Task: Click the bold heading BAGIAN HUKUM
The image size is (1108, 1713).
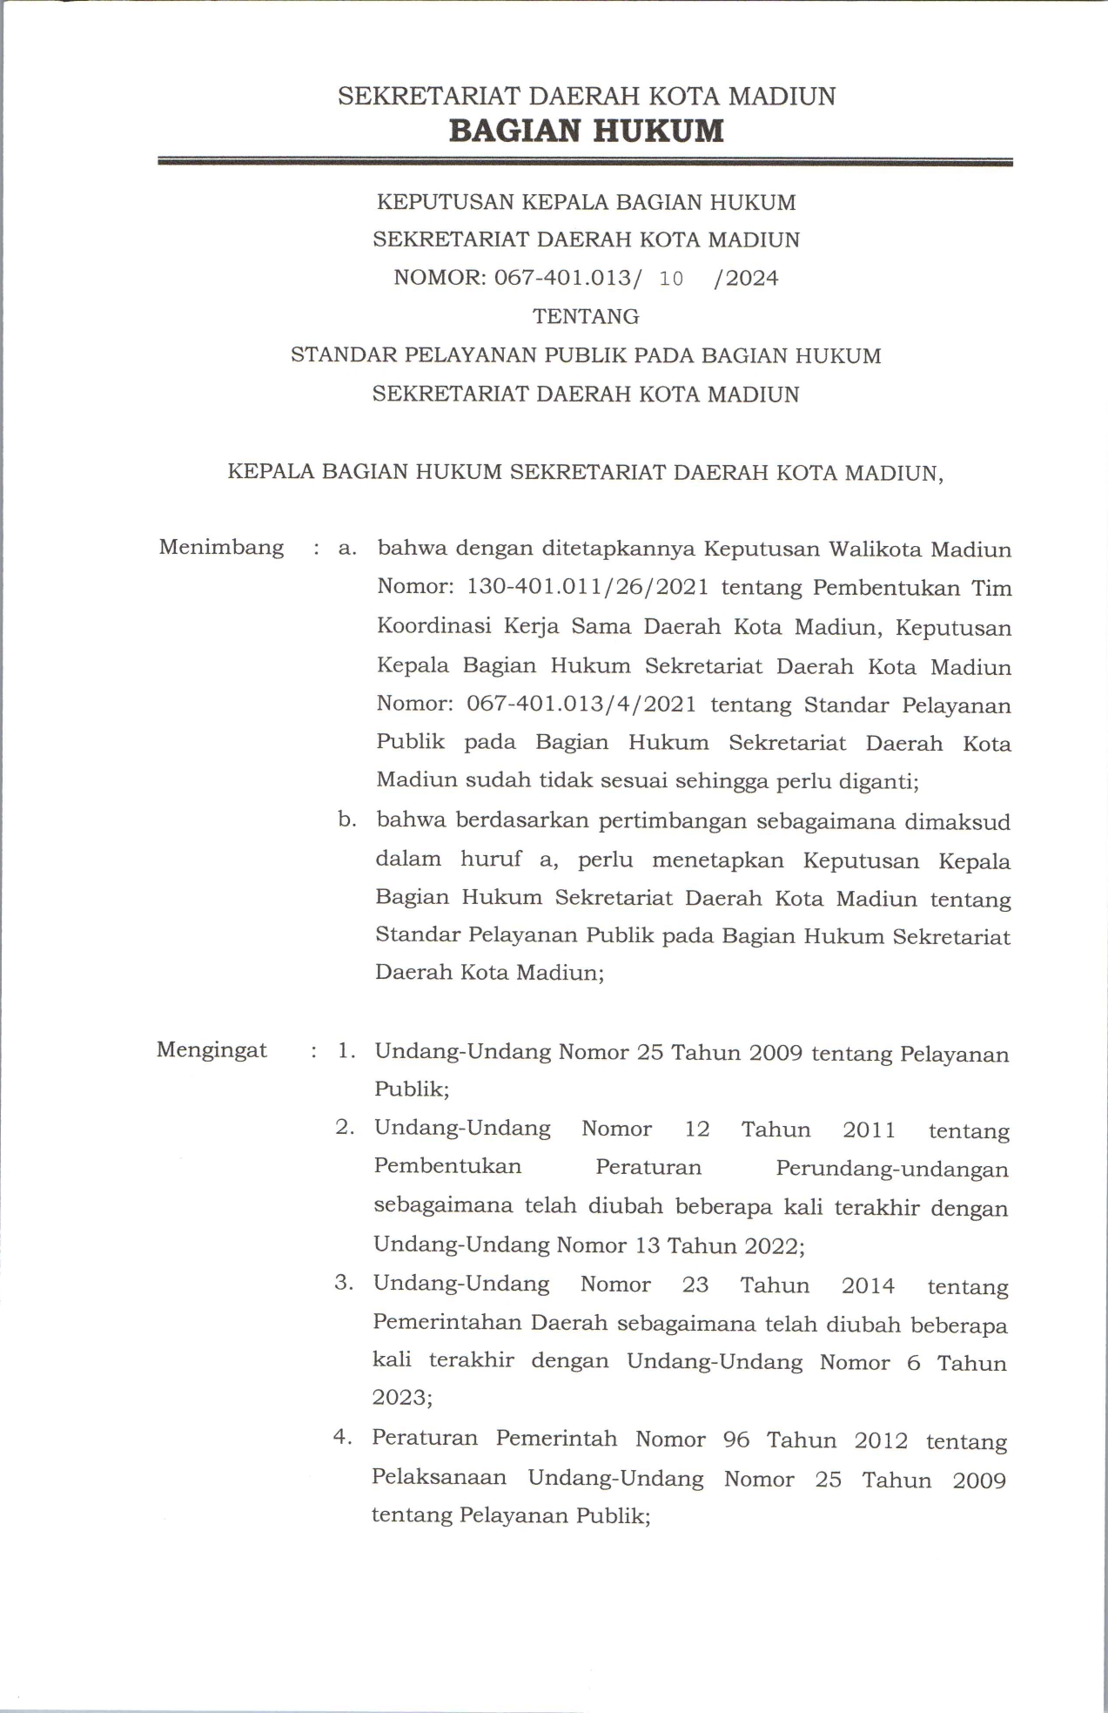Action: pyautogui.click(x=586, y=131)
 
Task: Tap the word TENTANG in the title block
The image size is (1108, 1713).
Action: pyautogui.click(x=586, y=316)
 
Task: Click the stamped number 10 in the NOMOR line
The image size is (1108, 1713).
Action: pyautogui.click(x=671, y=279)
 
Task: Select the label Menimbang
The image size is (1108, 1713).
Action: pyautogui.click(x=221, y=548)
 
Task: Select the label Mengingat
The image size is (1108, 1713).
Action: pyautogui.click(x=212, y=1049)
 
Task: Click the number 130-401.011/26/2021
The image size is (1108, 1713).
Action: pyautogui.click(x=588, y=587)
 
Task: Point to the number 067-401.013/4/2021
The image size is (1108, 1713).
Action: pyautogui.click(x=581, y=704)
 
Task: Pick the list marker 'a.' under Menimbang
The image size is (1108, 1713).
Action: pyautogui.click(x=348, y=549)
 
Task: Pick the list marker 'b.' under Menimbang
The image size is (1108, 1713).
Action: pyautogui.click(x=348, y=819)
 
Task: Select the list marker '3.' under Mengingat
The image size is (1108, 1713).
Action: pyautogui.click(x=344, y=1283)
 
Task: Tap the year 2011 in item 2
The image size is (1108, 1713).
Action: pyautogui.click(x=869, y=1130)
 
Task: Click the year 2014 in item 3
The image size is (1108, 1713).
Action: pyautogui.click(x=868, y=1285)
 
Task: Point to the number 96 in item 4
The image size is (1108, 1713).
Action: pyautogui.click(x=736, y=1440)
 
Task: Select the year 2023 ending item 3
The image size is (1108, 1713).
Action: pyautogui.click(x=402, y=1398)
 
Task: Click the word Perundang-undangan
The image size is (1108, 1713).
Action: pyautogui.click(x=891, y=1168)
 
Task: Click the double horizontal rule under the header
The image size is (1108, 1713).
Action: pyautogui.click(x=585, y=162)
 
